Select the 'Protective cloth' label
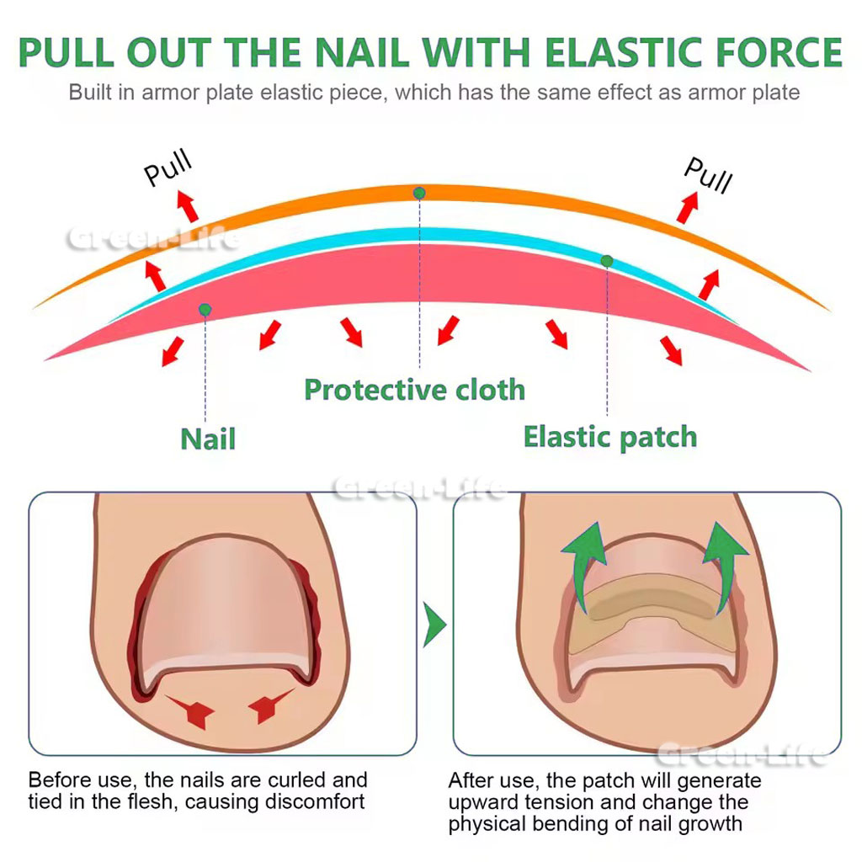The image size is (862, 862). [414, 390]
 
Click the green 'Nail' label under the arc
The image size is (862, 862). [207, 438]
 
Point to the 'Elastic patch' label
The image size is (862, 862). [610, 437]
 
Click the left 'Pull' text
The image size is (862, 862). [168, 168]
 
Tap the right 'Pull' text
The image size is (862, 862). [708, 174]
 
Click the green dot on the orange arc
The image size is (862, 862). [419, 194]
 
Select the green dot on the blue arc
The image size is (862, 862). [607, 261]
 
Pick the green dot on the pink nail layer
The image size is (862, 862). [205, 310]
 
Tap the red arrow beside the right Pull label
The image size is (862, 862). [688, 207]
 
